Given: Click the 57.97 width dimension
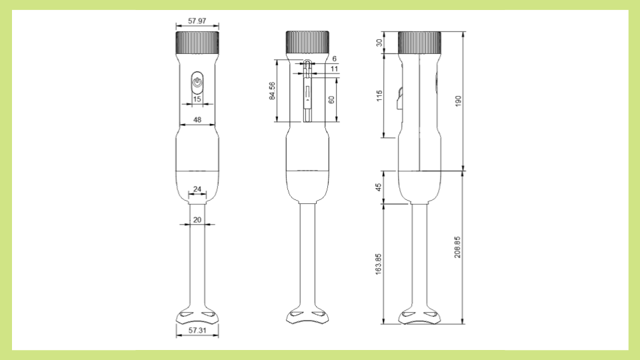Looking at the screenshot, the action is click(x=197, y=21).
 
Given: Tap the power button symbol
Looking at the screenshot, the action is click(x=197, y=83).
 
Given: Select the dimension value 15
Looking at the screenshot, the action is click(x=197, y=99).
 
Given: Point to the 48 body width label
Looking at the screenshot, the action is click(x=197, y=120).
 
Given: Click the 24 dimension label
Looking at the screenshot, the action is click(x=197, y=189).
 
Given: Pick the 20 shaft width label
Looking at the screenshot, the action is click(x=197, y=220).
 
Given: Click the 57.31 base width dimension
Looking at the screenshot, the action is click(x=197, y=330).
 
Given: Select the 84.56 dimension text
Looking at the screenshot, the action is click(x=272, y=91).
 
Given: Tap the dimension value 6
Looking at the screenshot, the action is click(x=334, y=59).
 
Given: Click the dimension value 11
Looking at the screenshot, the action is click(x=334, y=69).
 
